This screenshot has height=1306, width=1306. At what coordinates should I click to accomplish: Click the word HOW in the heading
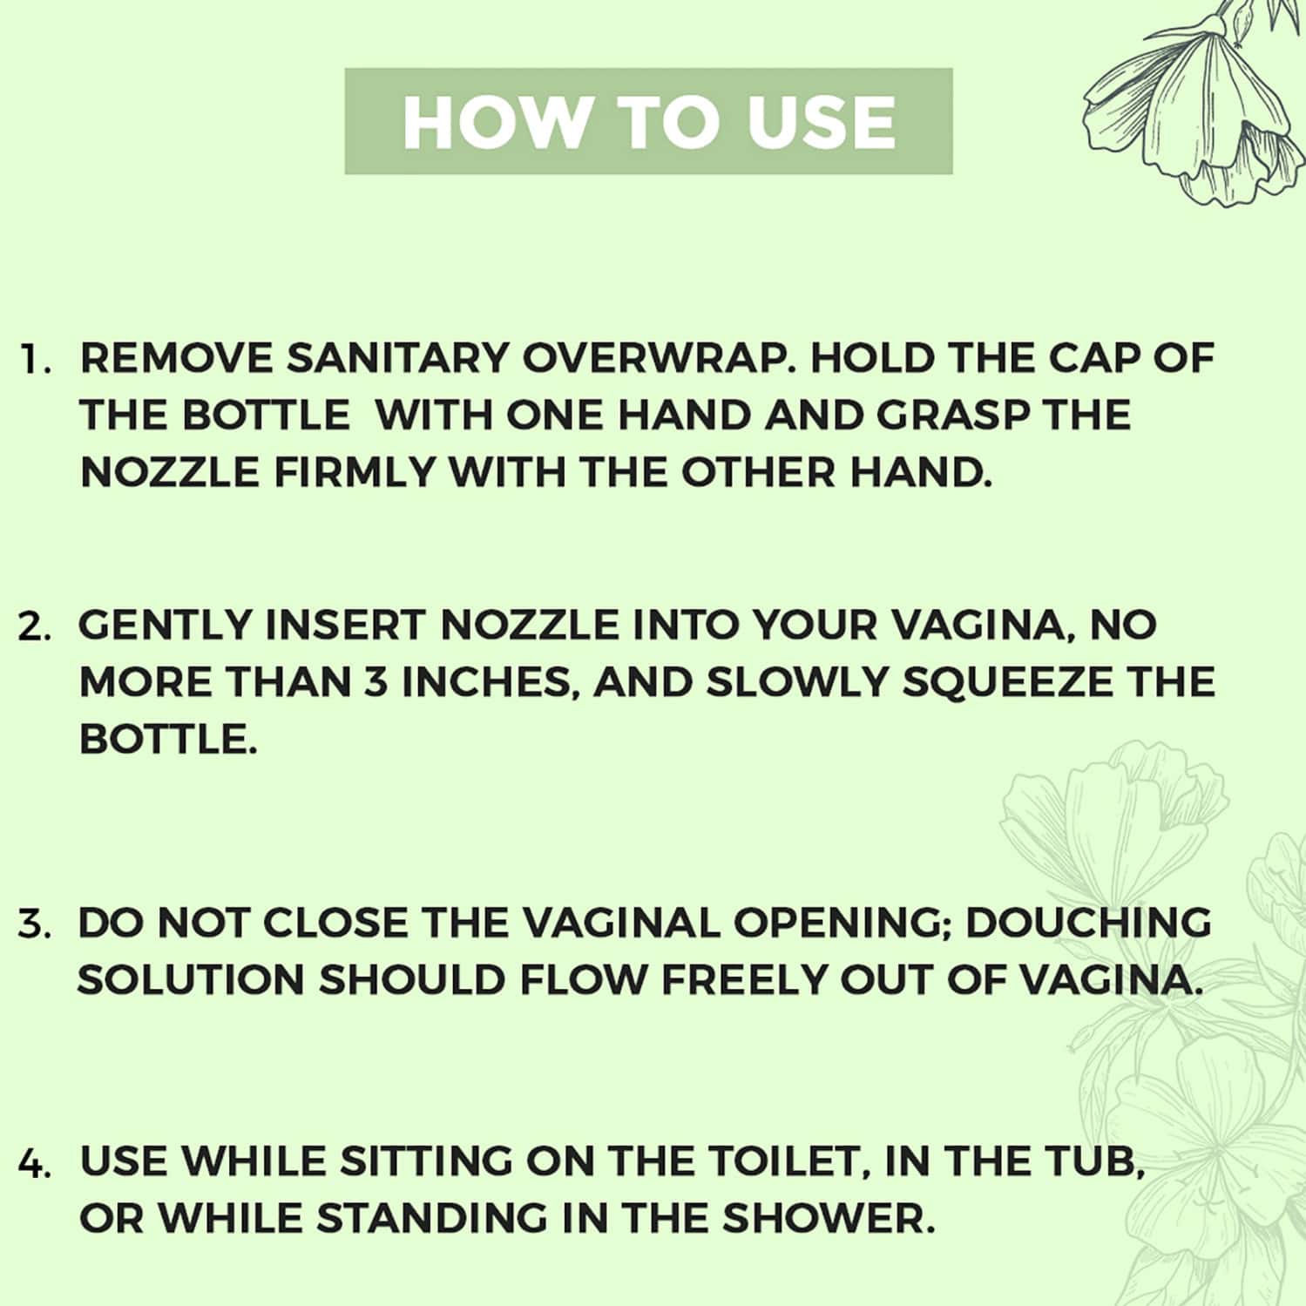pyautogui.click(x=495, y=121)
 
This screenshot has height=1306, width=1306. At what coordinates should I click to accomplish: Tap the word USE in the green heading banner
pyautogui.click(x=821, y=121)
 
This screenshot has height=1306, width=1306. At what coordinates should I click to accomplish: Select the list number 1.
pyautogui.click(x=36, y=361)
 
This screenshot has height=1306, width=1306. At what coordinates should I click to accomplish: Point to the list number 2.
pyautogui.click(x=34, y=627)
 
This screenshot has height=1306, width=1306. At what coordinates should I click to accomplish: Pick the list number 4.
pyautogui.click(x=34, y=1164)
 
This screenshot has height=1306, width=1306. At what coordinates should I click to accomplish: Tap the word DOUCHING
pyautogui.click(x=1088, y=923)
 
